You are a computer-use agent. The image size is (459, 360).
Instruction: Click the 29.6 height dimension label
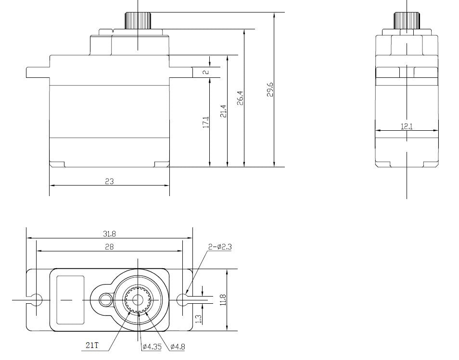[270, 89]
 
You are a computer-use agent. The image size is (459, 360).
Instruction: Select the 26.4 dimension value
[241, 98]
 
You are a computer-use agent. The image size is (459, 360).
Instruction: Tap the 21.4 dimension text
[223, 111]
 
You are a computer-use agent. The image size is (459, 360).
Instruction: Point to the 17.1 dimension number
[206, 122]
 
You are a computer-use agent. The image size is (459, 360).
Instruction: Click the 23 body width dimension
[109, 182]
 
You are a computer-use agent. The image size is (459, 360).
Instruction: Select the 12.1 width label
[407, 126]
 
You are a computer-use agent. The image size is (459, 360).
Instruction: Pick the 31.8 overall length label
[109, 234]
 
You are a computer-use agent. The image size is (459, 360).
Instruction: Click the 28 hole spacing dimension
[109, 247]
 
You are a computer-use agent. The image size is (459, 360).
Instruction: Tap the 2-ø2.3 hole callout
[220, 247]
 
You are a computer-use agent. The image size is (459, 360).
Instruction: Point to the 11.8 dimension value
[223, 300]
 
